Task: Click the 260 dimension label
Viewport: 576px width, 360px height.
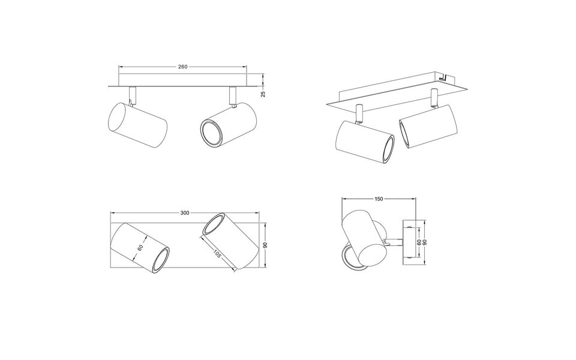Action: (183, 67)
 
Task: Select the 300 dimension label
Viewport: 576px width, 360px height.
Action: (185, 213)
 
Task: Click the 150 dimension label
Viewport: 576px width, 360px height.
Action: (379, 199)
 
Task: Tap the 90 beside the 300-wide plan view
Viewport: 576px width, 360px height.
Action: (264, 245)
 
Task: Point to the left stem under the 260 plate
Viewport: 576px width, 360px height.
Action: (132, 94)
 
